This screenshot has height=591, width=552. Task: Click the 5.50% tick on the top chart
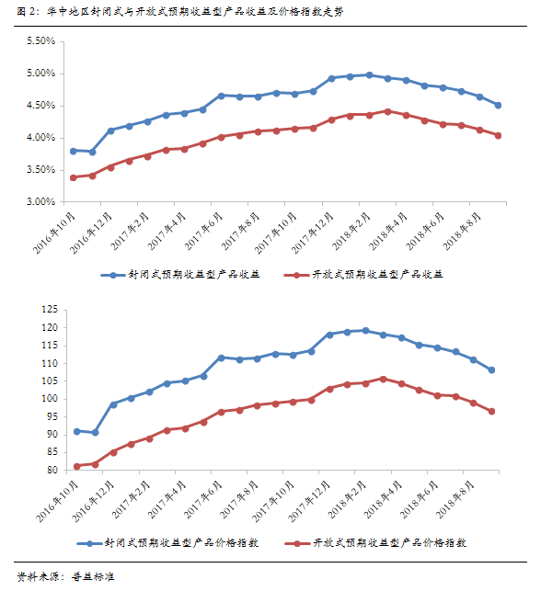[x=40, y=41]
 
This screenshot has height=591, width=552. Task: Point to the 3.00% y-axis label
[x=40, y=201]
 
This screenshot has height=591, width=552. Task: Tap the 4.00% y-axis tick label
[x=40, y=138]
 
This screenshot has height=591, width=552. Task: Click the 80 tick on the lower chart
[x=52, y=471]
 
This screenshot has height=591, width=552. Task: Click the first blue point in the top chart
[x=74, y=151]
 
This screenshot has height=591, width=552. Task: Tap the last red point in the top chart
[x=498, y=135]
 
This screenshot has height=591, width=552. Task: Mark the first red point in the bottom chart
[x=76, y=466]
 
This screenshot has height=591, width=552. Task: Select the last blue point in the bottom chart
[x=491, y=370]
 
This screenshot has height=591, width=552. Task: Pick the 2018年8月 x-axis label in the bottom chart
[x=466, y=499]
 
